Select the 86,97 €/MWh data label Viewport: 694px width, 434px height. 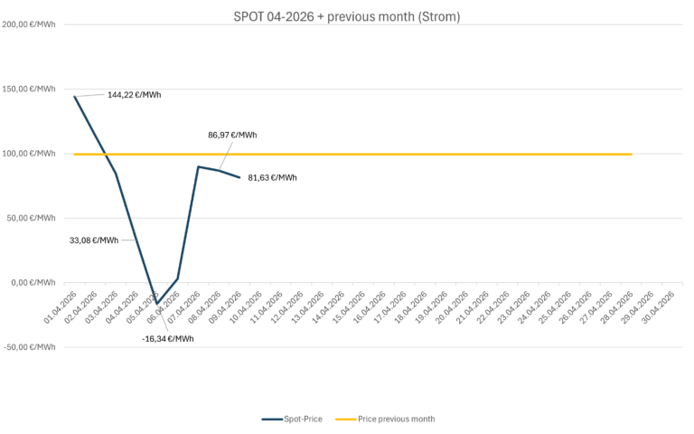[232, 135]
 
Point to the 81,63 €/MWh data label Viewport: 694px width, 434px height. [272, 178]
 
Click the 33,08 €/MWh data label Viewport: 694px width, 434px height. [94, 241]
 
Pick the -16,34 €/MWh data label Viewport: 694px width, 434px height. [168, 338]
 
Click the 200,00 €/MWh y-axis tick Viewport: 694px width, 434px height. [30, 24]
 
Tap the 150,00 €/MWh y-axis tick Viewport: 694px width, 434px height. [30, 90]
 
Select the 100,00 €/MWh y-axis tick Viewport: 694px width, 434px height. [30, 154]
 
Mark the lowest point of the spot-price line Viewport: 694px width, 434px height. [157, 304]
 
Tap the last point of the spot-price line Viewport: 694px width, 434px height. [239, 177]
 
